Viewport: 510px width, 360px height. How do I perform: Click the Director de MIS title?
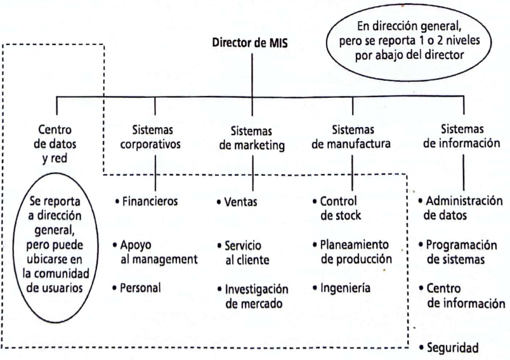(x=250, y=43)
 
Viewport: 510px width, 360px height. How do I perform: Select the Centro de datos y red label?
(x=55, y=144)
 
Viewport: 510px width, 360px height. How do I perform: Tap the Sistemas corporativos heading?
(x=150, y=137)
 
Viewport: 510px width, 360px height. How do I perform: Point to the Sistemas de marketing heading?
(x=252, y=138)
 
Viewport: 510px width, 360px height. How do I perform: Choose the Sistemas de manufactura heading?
(x=351, y=137)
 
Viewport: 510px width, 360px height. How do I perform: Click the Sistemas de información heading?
(x=462, y=136)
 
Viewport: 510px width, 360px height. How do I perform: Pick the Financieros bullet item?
(x=147, y=201)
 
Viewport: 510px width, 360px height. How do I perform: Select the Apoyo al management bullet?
(x=155, y=252)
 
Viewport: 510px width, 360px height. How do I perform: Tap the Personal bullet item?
(x=136, y=288)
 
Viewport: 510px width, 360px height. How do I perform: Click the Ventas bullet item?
(x=237, y=202)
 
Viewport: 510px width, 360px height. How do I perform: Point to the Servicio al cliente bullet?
(x=244, y=253)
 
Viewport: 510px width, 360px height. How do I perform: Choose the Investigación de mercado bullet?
(x=252, y=297)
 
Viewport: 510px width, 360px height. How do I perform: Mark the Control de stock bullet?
(x=337, y=208)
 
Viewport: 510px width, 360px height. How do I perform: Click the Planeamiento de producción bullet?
(x=352, y=251)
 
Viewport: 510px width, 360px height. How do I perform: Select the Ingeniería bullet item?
(x=341, y=288)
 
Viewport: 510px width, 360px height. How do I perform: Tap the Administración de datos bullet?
(x=461, y=208)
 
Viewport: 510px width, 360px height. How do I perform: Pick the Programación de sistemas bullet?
(x=458, y=252)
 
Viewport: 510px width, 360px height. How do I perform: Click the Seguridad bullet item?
(x=449, y=348)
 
